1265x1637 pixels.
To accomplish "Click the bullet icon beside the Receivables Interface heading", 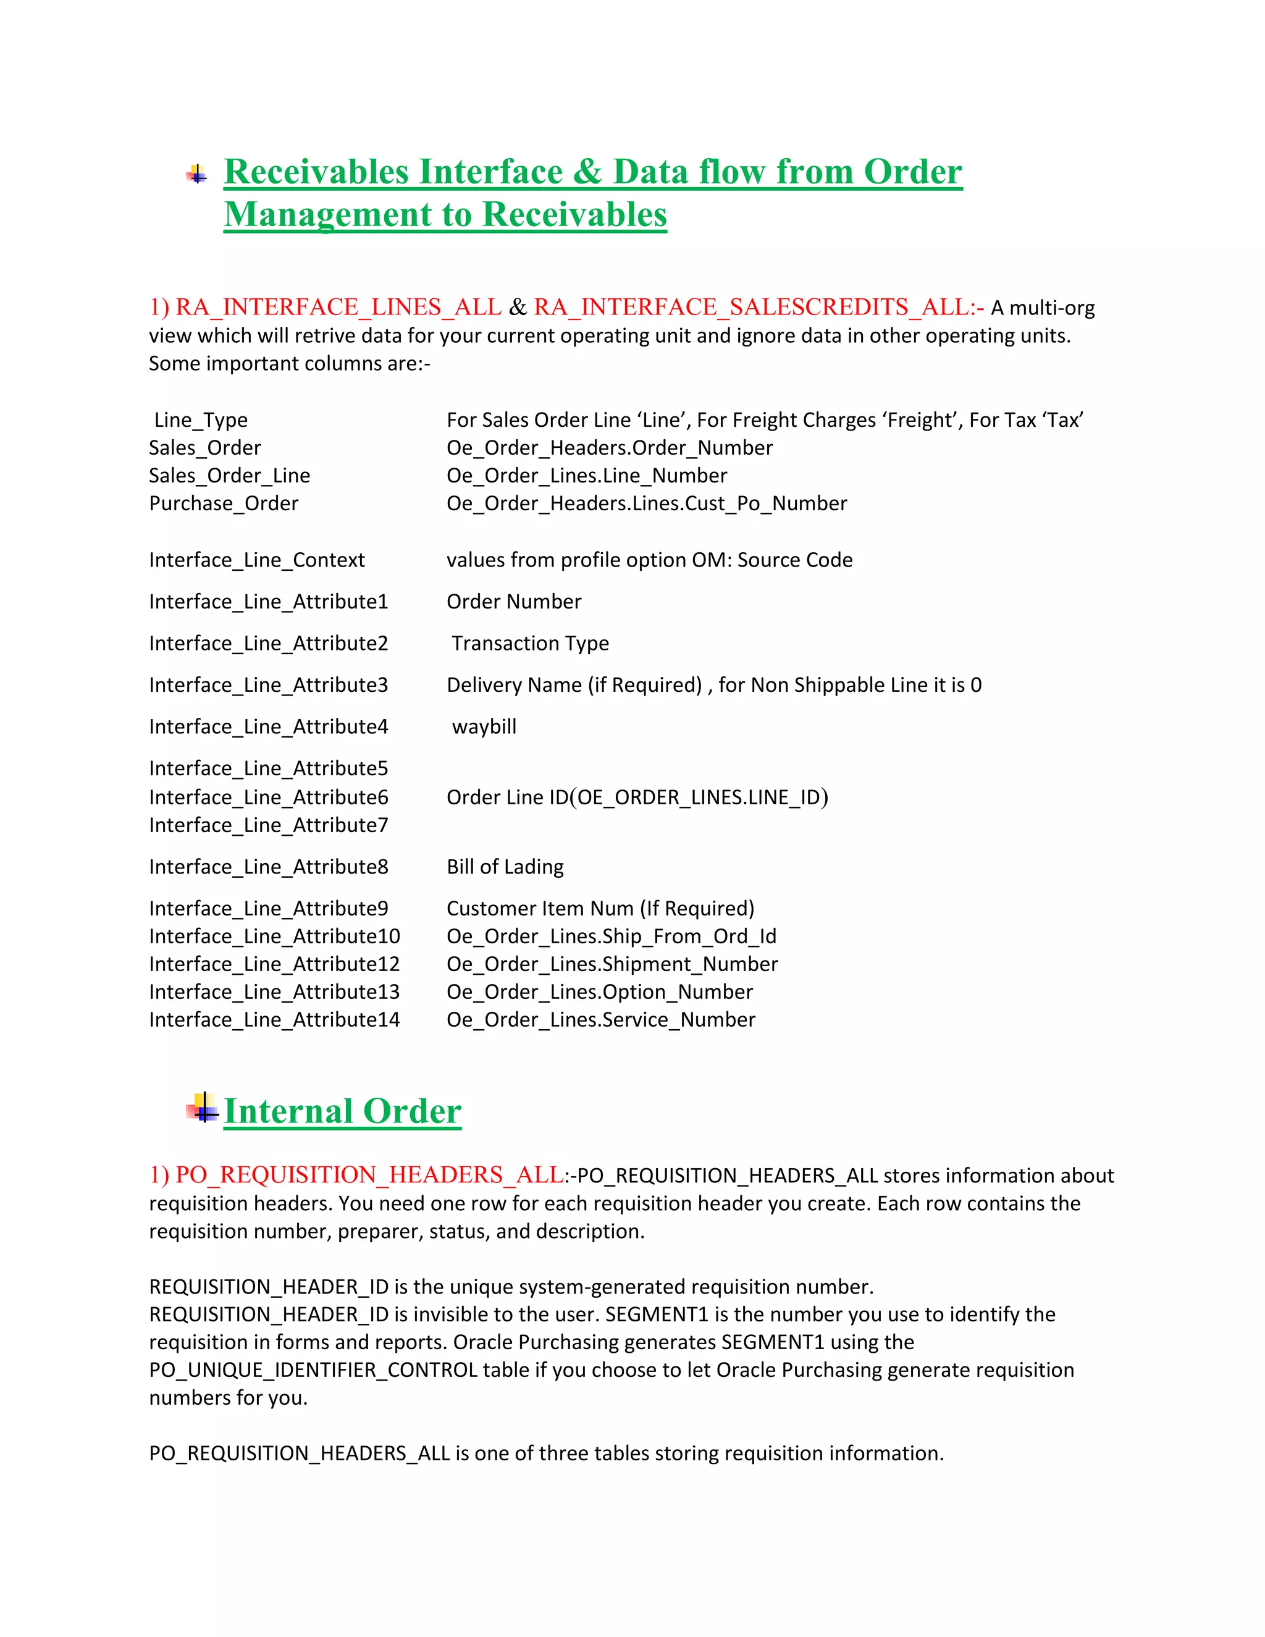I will click(x=196, y=175).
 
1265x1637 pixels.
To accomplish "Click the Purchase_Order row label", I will click(x=224, y=503).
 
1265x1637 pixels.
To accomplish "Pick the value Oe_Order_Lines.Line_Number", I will click(x=586, y=475).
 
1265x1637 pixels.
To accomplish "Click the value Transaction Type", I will click(x=530, y=643).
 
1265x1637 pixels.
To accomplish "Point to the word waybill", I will click(x=484, y=726).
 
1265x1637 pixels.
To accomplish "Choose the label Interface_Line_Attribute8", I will click(x=268, y=867).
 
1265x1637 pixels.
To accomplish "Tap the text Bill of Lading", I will click(x=505, y=867).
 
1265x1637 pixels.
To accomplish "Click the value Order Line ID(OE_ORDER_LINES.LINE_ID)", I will click(x=637, y=797).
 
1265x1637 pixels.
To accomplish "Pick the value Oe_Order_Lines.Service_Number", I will click(x=600, y=1019).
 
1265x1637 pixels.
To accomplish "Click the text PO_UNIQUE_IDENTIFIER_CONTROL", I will click(x=313, y=1370).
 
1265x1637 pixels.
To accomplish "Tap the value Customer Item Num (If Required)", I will click(x=600, y=909).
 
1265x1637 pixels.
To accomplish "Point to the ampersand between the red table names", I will click(x=517, y=307).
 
